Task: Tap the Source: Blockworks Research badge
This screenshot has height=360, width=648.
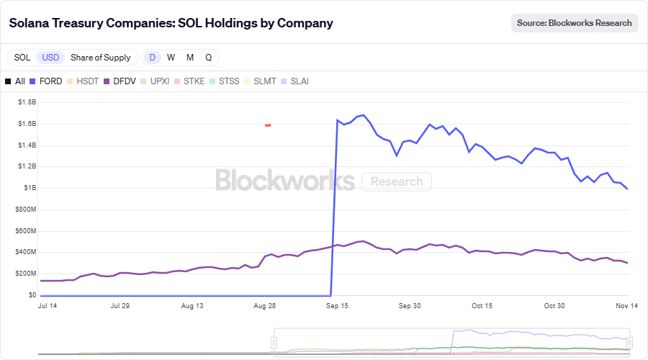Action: coord(575,23)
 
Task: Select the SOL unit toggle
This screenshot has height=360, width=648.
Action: coord(22,58)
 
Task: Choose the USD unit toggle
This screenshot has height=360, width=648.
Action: coord(50,58)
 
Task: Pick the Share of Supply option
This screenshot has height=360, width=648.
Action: coord(101,58)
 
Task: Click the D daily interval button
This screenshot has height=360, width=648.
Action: coord(152,58)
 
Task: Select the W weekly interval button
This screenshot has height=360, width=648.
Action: coord(171,58)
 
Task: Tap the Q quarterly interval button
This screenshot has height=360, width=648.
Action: coord(208,58)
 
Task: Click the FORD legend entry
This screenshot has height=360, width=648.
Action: coord(45,81)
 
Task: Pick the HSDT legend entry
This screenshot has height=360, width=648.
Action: coord(82,81)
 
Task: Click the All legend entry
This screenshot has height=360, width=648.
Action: coord(15,81)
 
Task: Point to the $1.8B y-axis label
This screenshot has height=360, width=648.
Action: coord(27,102)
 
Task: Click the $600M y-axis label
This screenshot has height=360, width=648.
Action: coord(25,230)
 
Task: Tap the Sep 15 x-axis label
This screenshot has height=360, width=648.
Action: coord(338,306)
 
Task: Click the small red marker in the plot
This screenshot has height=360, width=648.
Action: coord(268,125)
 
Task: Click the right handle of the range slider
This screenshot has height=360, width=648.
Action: coord(629,343)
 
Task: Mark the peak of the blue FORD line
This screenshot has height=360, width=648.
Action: coord(364,115)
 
